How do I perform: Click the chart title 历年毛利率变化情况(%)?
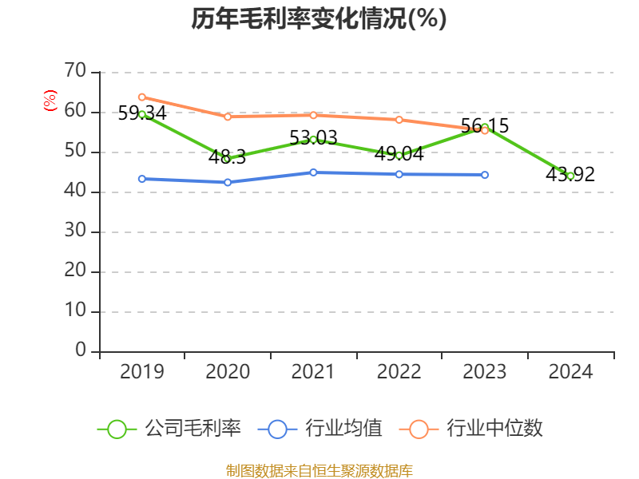(x=319, y=19)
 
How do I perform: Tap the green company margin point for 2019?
(x=142, y=114)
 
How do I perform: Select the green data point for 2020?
(x=227, y=159)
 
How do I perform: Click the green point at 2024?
(x=570, y=176)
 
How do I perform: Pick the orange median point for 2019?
(x=142, y=97)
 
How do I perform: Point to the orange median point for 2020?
(x=228, y=117)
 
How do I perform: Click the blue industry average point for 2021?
(x=313, y=172)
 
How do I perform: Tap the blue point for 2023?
(x=485, y=175)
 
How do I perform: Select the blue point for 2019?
(x=142, y=179)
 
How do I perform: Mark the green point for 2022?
(x=399, y=155)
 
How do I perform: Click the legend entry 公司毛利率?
(x=169, y=429)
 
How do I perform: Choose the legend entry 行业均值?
(x=320, y=429)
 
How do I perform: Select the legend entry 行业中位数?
(x=476, y=429)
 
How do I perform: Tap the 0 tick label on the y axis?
(x=81, y=350)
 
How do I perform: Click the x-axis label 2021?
(x=313, y=372)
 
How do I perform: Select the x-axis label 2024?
(x=570, y=372)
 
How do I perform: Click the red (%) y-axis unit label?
(x=50, y=101)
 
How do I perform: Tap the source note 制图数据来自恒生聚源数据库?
(x=319, y=470)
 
